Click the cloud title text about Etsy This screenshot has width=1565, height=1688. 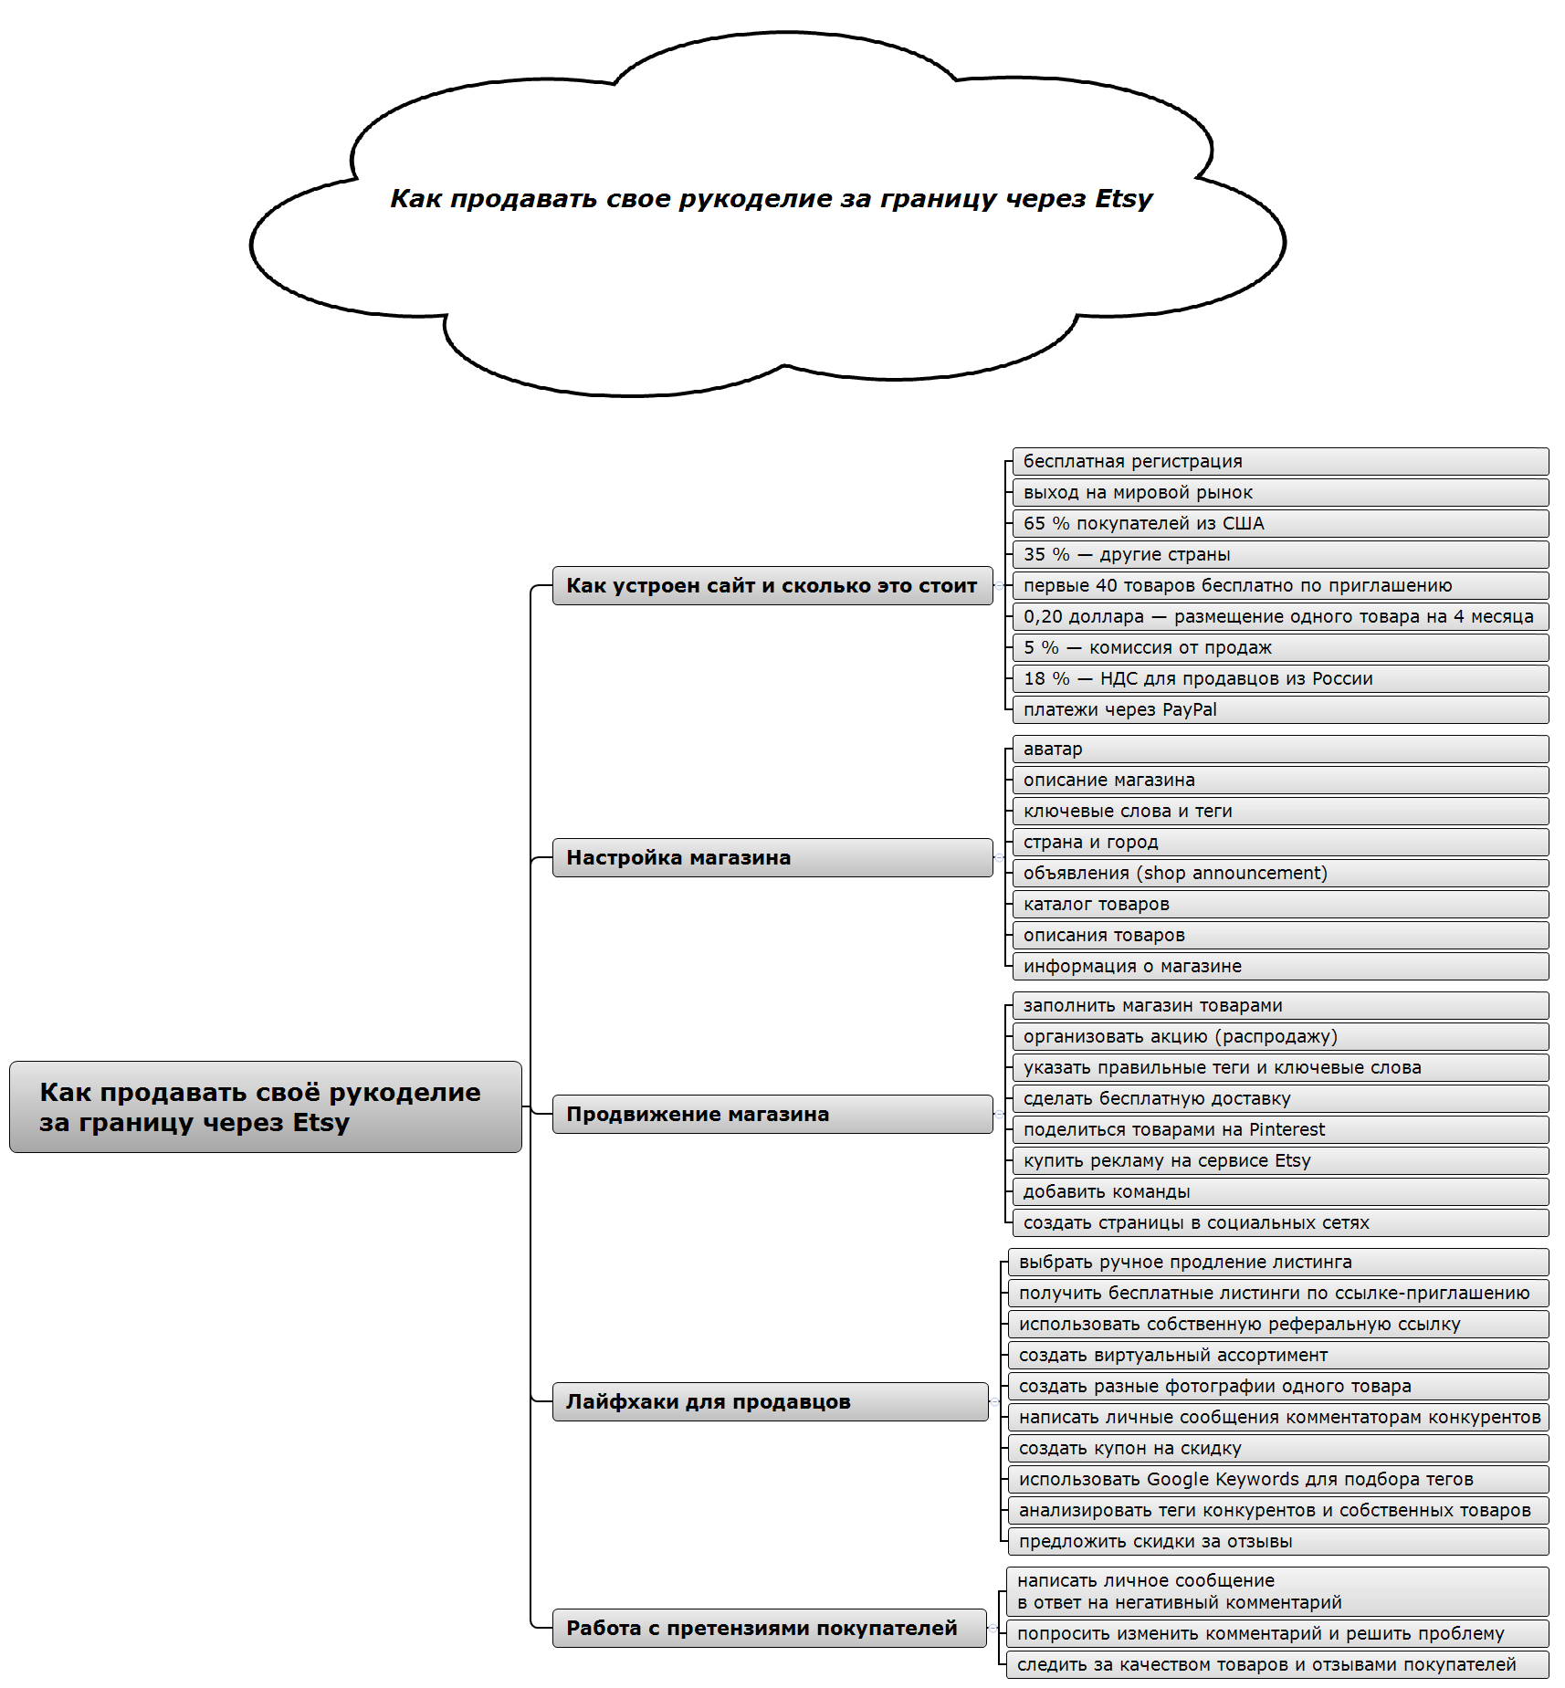point(771,199)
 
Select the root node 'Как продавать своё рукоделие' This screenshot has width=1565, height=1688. point(265,1106)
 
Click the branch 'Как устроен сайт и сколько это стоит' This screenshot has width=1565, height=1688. point(772,585)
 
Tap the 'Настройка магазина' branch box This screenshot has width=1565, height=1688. point(772,857)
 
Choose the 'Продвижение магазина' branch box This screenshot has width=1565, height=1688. point(772,1114)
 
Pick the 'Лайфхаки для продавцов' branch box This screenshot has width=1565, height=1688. point(770,1401)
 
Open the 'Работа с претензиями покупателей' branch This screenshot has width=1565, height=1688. point(769,1628)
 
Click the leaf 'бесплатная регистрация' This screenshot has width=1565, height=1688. point(1278,461)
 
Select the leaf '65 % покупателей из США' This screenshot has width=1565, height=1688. point(1278,523)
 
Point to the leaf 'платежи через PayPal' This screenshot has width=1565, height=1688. point(1278,709)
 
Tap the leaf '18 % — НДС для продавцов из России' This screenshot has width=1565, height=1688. point(1278,678)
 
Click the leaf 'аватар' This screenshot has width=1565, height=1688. point(1278,749)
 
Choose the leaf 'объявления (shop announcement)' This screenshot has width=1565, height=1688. point(1278,873)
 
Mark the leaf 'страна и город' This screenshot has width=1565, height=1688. point(1278,842)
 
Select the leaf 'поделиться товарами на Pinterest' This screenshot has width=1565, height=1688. point(1278,1129)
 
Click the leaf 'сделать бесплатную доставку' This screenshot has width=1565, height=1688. point(1278,1098)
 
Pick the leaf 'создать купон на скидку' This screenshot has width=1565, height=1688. point(1276,1448)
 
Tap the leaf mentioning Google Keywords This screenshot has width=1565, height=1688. point(1276,1479)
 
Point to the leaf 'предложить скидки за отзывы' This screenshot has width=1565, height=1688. point(1276,1541)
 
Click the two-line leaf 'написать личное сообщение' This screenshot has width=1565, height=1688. point(1276,1591)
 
